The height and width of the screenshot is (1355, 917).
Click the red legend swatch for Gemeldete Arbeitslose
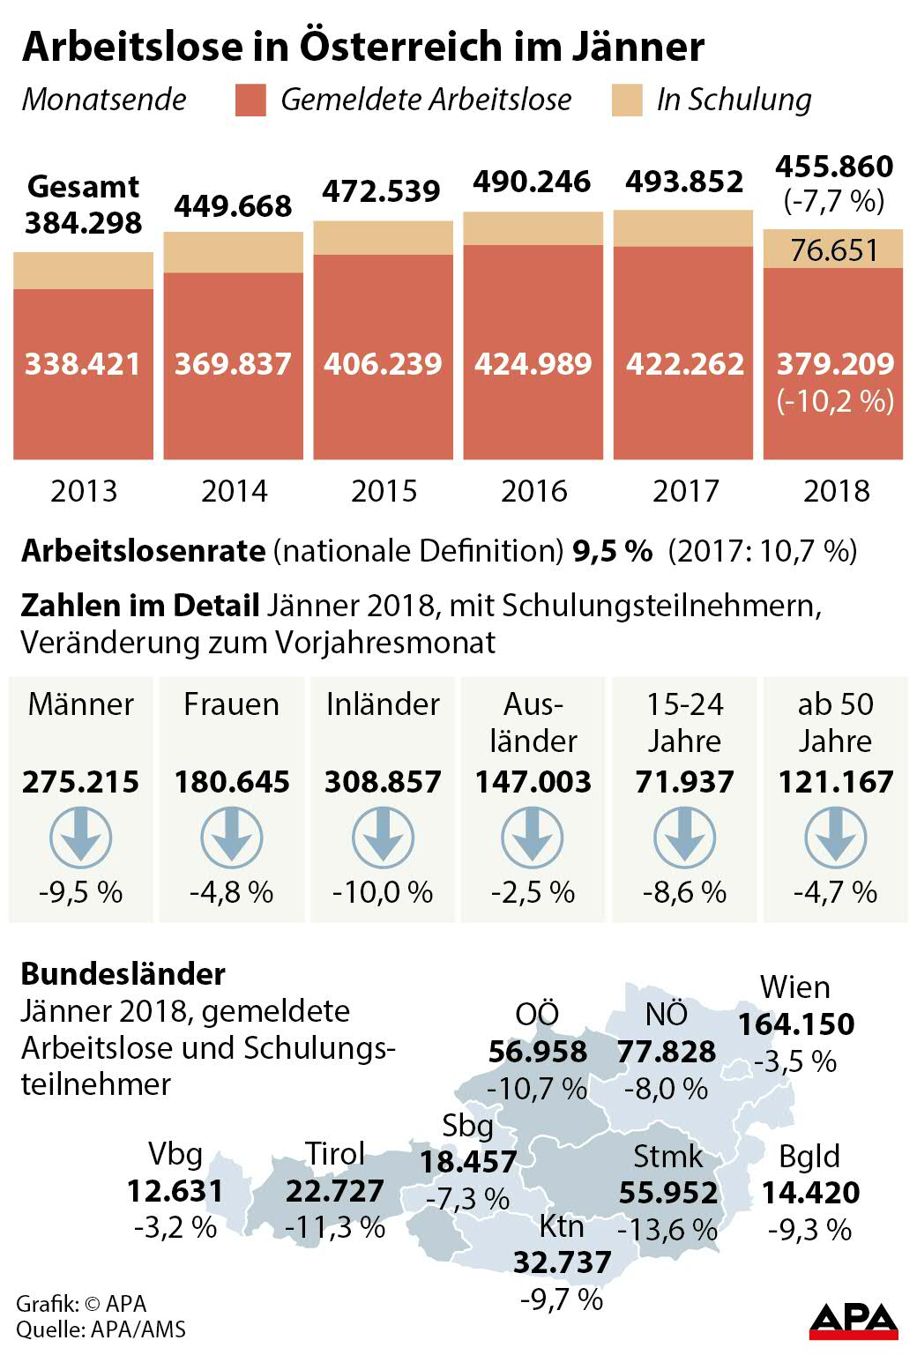250,101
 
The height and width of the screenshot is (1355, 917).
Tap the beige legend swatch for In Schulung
627,101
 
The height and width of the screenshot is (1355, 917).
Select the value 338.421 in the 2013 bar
83,364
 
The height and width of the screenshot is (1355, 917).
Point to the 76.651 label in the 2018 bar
834,250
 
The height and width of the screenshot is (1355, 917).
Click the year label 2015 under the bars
384,491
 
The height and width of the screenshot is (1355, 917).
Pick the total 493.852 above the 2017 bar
684,182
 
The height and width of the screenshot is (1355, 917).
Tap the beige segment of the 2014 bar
234,252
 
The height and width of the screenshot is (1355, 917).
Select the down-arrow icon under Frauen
232,838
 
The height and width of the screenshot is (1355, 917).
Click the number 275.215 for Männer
81,782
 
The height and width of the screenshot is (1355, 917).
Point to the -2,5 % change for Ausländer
533,892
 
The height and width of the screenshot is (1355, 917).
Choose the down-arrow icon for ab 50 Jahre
835,838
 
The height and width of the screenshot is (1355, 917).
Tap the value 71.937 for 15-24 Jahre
684,782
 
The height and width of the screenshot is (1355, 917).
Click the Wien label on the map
795,987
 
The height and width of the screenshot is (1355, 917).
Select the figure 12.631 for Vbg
175,1191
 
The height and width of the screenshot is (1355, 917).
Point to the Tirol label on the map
334,1153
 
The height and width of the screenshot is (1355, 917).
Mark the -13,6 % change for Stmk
667,1229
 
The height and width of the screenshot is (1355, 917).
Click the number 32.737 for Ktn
563,1262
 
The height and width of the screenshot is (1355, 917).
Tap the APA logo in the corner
853,1320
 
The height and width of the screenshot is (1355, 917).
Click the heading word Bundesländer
123,974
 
